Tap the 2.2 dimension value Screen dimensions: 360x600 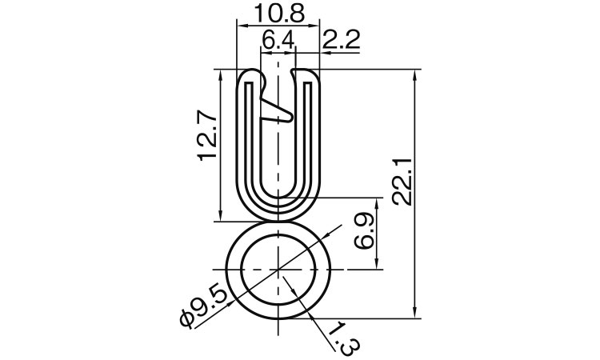point(340,38)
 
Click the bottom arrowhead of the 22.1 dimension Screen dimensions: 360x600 point(415,311)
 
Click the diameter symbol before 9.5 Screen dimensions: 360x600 point(187,318)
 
